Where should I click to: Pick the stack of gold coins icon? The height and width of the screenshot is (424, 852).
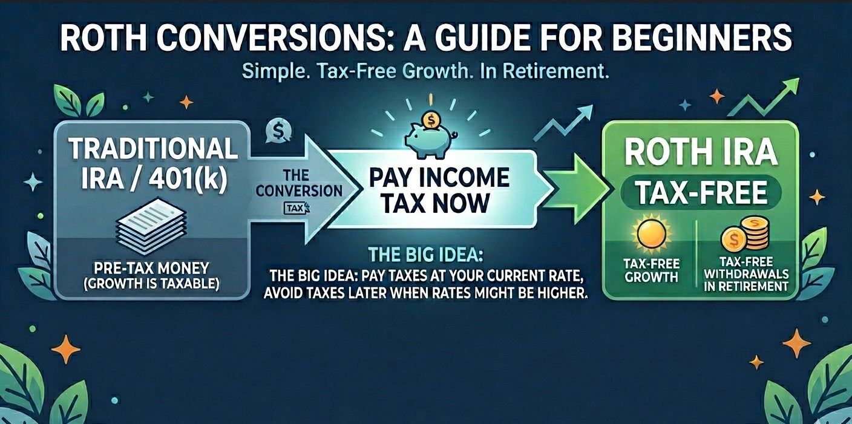745,235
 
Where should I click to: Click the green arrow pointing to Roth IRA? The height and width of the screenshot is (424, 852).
576,189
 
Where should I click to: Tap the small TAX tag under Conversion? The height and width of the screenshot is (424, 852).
297,208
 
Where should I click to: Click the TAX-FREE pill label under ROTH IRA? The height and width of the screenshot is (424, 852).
701,192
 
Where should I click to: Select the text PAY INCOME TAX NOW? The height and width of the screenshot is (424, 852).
439,191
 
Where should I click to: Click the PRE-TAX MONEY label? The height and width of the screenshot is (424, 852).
151,269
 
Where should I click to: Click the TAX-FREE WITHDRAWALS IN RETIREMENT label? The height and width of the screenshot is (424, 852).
746,274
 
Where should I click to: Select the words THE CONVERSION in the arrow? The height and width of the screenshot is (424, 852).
299,183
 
